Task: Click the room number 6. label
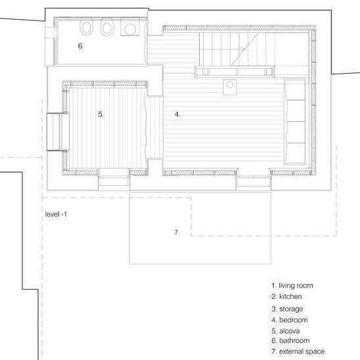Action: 81,46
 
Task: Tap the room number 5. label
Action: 101,114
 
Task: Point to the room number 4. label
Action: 177,114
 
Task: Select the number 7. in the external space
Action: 177,233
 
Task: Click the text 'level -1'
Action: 56,214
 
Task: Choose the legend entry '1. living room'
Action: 292,285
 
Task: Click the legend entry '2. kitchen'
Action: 286,296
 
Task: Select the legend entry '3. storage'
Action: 287,309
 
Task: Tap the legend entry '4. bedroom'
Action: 290,320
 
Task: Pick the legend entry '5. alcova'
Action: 286,331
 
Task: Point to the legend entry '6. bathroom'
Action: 290,340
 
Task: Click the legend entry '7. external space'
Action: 298,351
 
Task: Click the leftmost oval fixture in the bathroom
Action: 86,27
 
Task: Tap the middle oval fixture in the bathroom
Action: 107,27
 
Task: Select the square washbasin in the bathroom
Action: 130,28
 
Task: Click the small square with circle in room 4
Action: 230,87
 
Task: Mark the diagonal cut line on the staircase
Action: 244,49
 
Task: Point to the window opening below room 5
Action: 114,180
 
